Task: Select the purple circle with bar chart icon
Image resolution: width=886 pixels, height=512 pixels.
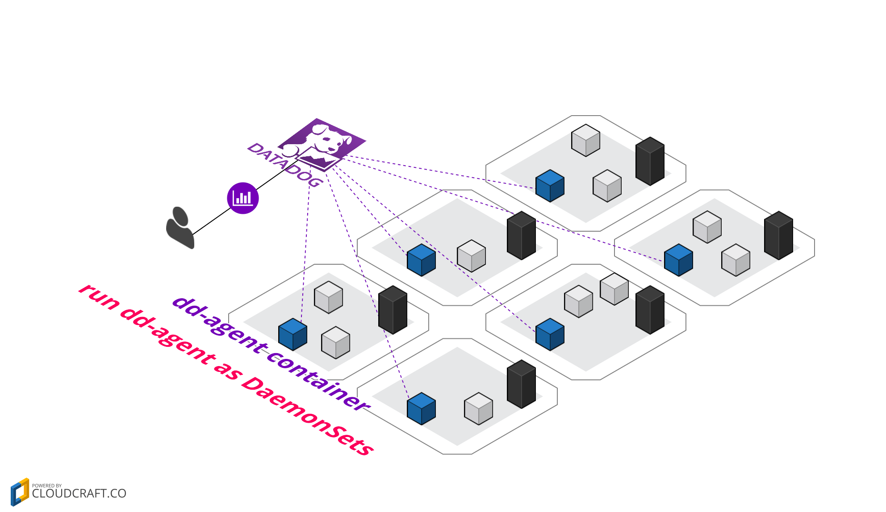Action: [x=243, y=198]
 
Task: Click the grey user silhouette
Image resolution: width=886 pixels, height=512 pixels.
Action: [x=180, y=228]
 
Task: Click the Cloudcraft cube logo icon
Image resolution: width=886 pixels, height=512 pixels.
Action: [x=20, y=492]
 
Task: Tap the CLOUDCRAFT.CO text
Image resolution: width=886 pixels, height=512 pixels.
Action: [x=79, y=494]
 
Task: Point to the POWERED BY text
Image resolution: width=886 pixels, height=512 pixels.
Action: [x=47, y=486]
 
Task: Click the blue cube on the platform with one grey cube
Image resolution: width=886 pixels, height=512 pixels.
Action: [x=421, y=409]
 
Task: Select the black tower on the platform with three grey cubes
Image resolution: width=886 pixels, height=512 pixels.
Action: [x=650, y=310]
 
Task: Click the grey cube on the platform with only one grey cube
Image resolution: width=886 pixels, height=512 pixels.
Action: [x=478, y=408]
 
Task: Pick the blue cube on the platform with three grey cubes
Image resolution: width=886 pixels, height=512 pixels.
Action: [x=550, y=334]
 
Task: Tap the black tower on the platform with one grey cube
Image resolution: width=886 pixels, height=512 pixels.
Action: [x=521, y=384]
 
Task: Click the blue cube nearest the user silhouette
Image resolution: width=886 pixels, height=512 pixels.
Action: [x=293, y=334]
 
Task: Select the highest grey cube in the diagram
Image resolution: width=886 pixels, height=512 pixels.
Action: [x=585, y=140]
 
